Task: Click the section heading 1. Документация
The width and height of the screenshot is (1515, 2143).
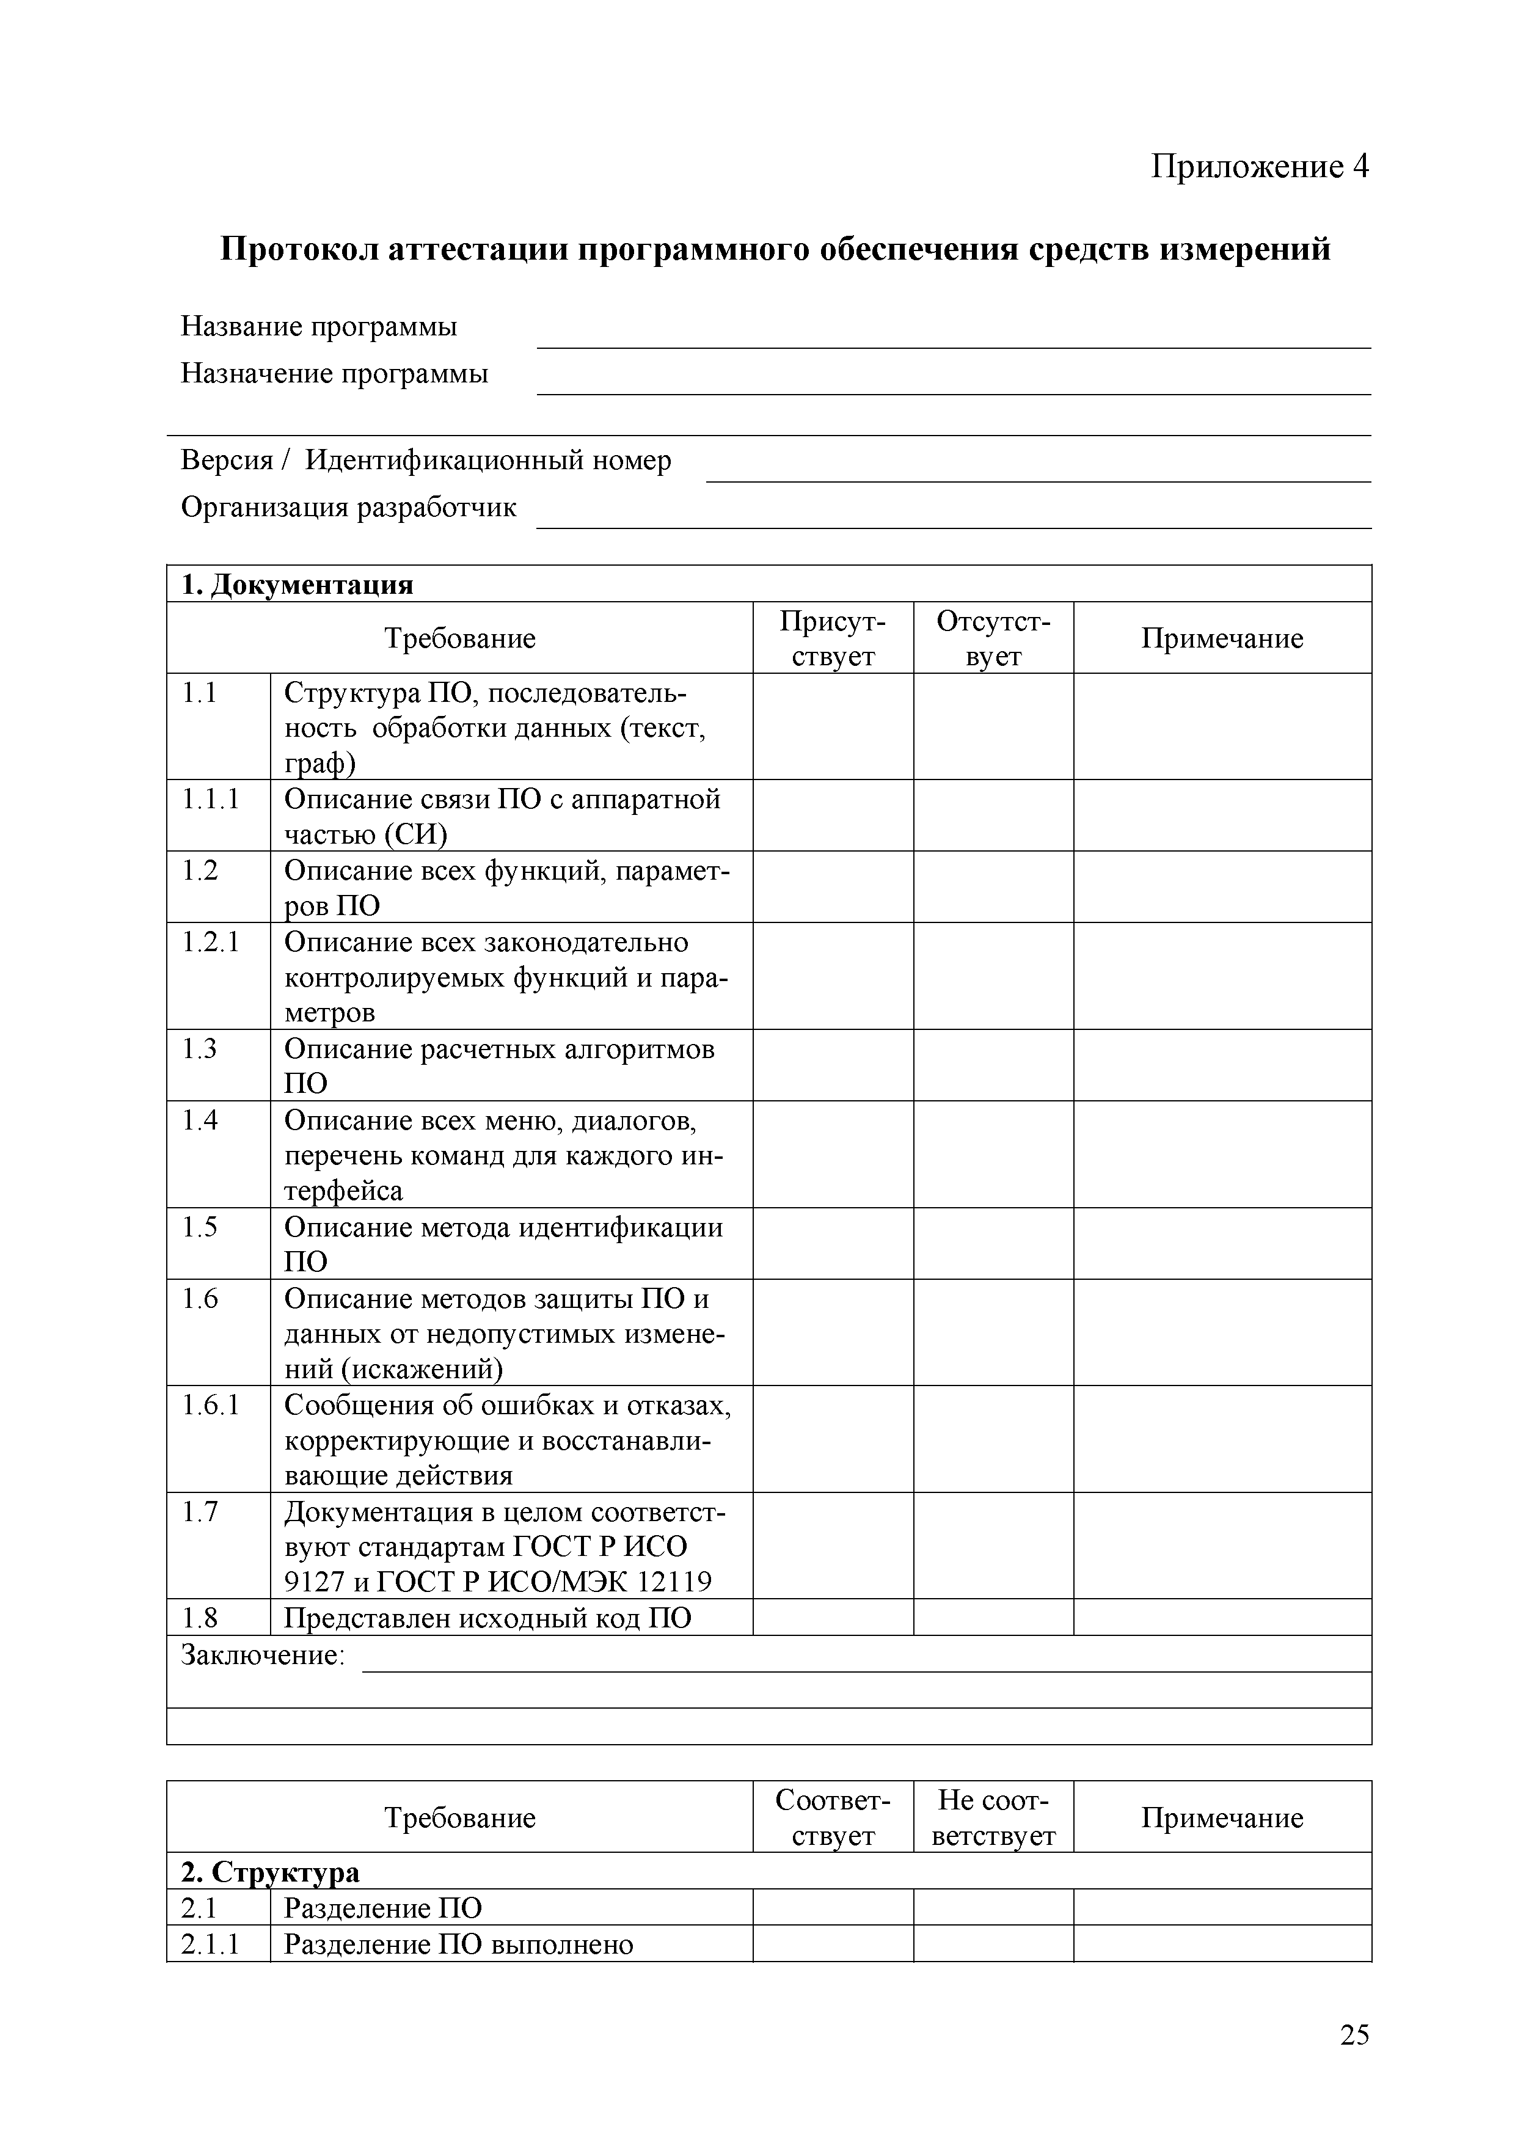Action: [297, 585]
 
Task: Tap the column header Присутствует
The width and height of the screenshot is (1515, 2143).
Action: [833, 638]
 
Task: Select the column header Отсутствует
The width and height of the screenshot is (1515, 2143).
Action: [993, 638]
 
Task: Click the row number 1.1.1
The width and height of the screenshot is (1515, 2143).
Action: [211, 799]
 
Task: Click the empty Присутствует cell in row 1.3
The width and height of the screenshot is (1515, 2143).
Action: [833, 1065]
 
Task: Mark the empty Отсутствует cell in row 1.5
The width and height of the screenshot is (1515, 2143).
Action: [993, 1243]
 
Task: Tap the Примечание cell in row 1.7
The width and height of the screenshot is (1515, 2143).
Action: [1222, 1546]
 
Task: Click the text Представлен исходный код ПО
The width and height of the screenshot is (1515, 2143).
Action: [487, 1618]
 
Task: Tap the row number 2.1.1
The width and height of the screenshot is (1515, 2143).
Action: [211, 1944]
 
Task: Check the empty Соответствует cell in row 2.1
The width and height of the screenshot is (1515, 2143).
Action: [833, 1908]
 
